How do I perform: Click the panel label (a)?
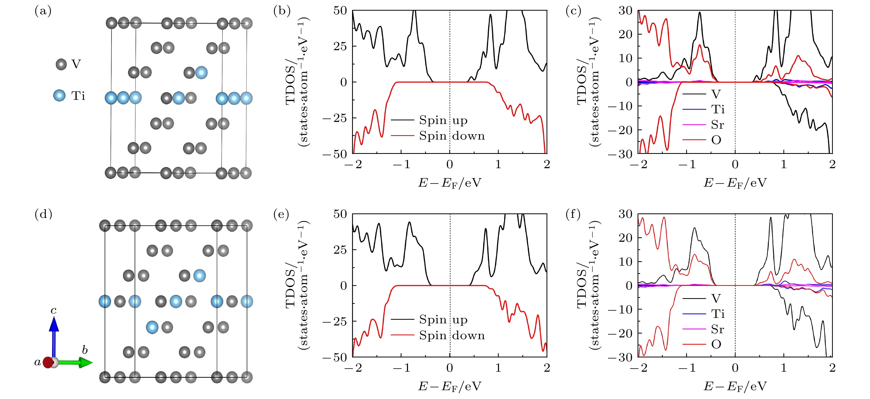point(43,11)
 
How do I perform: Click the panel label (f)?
point(573,215)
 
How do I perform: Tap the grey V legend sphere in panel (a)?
point(61,64)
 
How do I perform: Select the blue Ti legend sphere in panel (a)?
point(60,96)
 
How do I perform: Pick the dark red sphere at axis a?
point(48,363)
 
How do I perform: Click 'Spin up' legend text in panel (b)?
point(443,120)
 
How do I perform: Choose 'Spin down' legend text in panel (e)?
point(452,335)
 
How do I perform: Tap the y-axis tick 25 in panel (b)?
point(340,46)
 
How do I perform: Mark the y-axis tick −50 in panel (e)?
point(335,357)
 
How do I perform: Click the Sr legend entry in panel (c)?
point(717,125)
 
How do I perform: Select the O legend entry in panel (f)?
point(716,344)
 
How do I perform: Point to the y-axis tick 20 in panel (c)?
point(625,34)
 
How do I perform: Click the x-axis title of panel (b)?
point(450,183)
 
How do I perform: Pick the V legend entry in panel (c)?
point(716,94)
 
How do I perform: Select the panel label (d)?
point(43,215)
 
